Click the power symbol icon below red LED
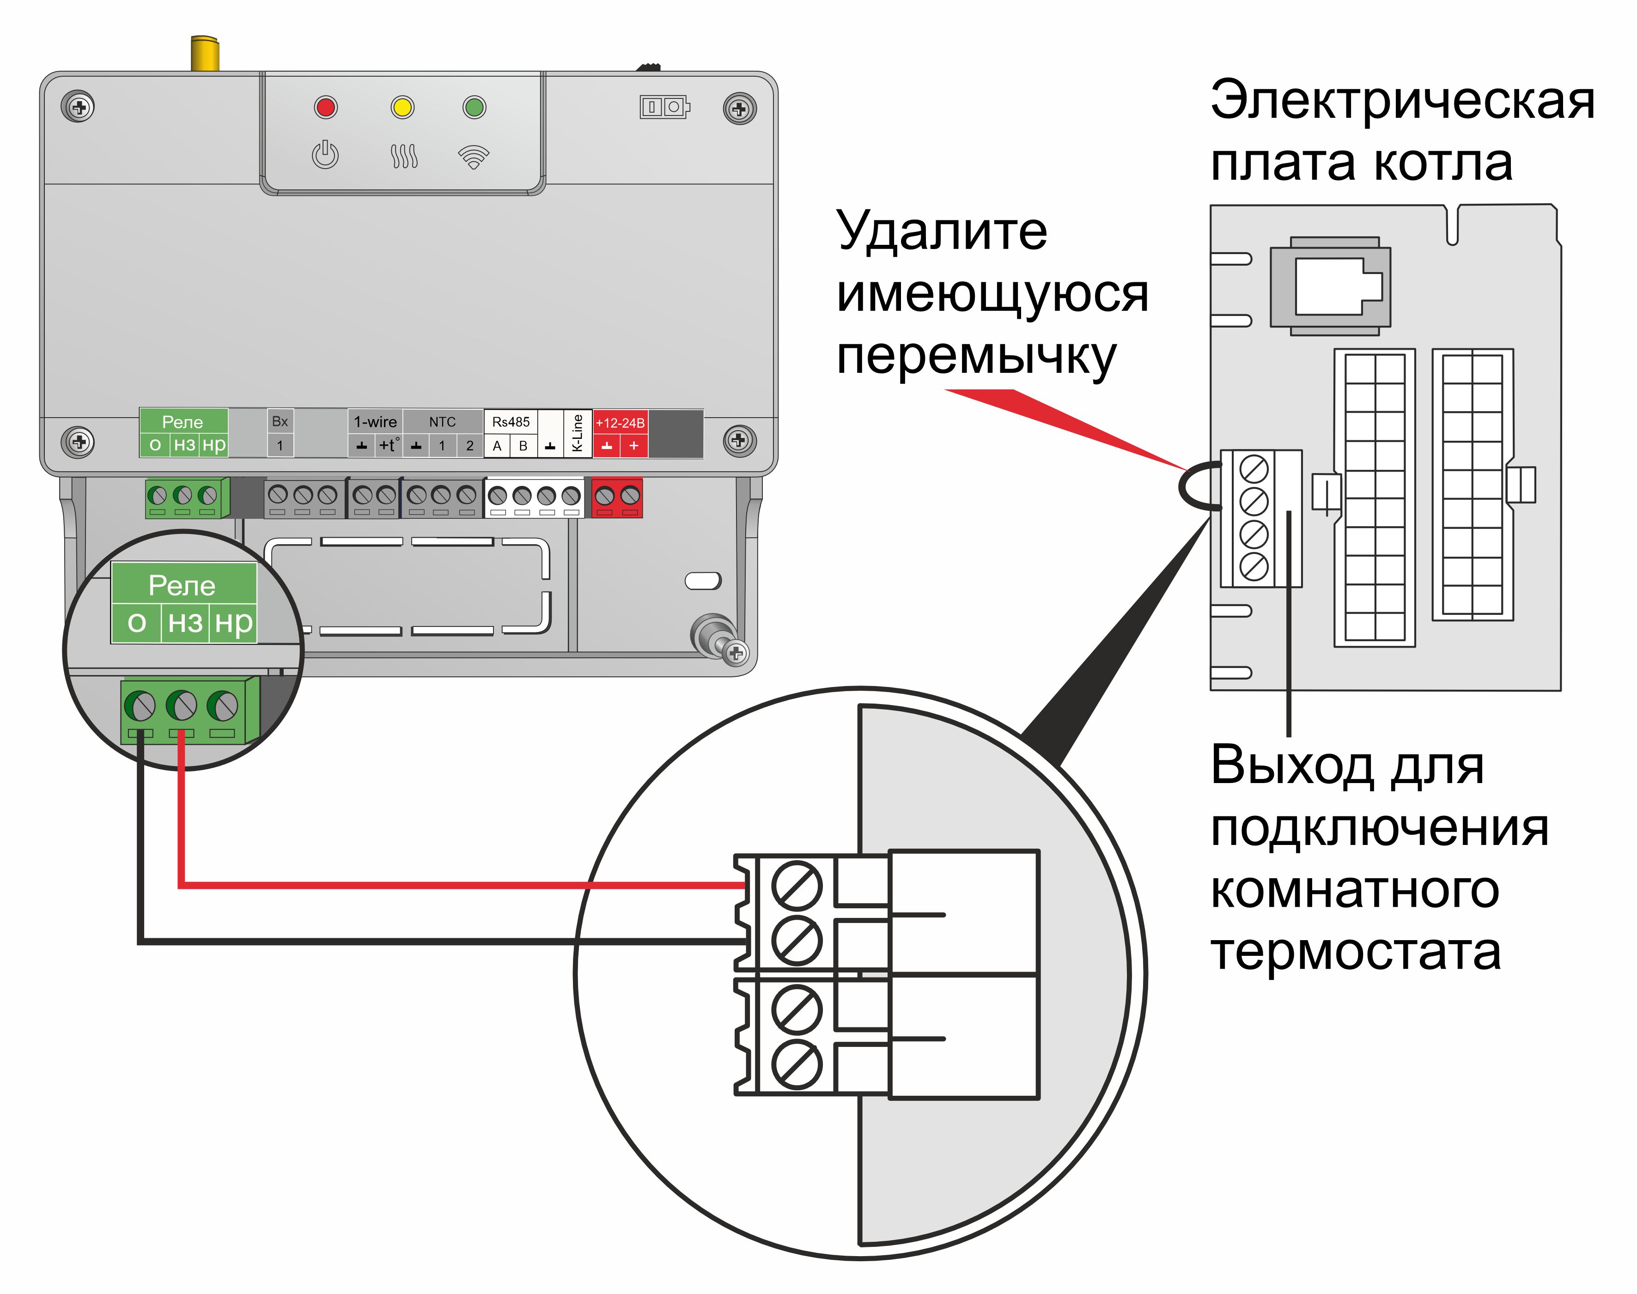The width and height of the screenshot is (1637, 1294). (x=325, y=155)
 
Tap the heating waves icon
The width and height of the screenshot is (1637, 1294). (x=404, y=157)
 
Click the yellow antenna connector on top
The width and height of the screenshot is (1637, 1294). (x=205, y=53)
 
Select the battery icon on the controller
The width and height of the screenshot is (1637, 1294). (x=665, y=107)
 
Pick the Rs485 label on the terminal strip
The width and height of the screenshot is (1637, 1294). (x=511, y=422)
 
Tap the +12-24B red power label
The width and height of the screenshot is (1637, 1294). (x=620, y=423)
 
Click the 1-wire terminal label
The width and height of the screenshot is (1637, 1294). (x=376, y=422)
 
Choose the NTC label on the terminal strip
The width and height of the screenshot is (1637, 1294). (x=442, y=422)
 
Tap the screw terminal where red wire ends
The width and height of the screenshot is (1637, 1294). (x=796, y=884)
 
